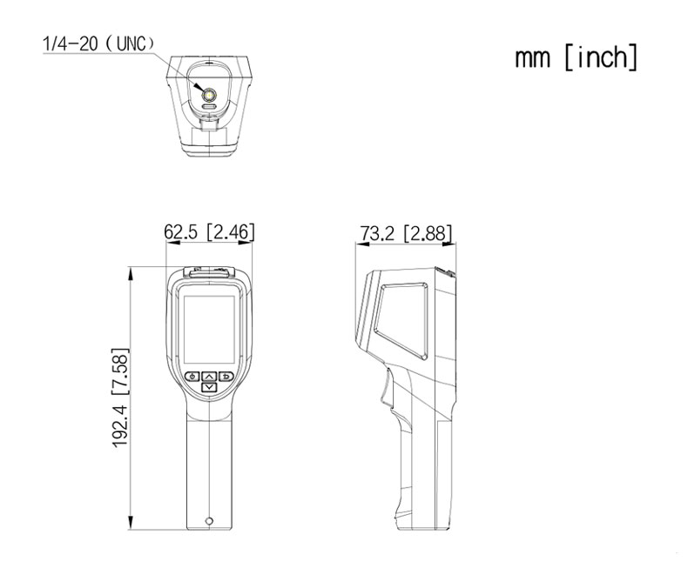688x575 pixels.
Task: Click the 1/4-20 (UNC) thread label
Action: coord(98,43)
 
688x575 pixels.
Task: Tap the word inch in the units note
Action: coord(601,57)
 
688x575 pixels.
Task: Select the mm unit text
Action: coord(532,59)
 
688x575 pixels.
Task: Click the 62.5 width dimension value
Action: coord(181,232)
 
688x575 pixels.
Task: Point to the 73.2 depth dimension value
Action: coord(377,234)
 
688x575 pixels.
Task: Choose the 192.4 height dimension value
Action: coord(120,425)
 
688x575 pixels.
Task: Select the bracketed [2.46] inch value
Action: coord(231,232)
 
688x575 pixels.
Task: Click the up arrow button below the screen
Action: coord(209,377)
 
